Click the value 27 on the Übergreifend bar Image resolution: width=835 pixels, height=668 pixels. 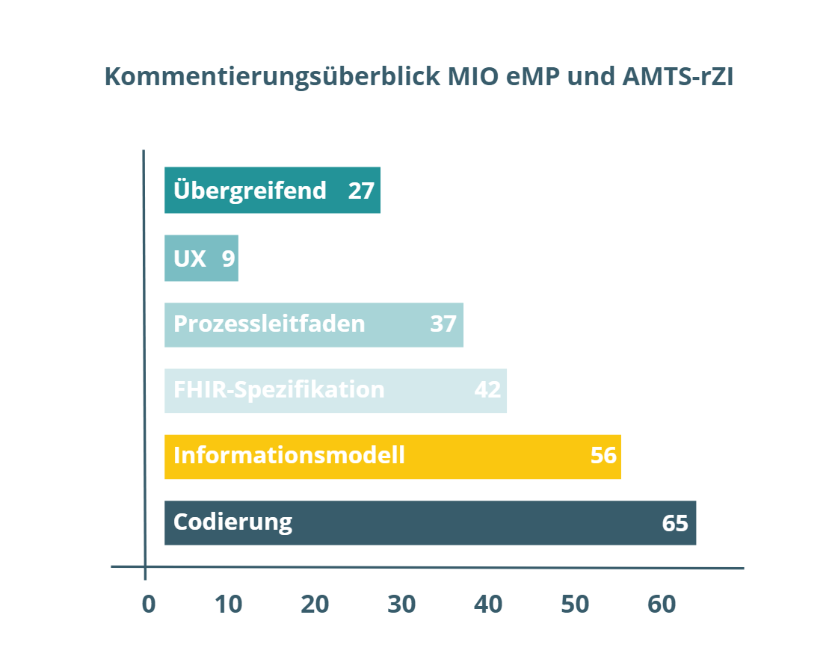click(361, 191)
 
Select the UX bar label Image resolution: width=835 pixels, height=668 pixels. click(190, 259)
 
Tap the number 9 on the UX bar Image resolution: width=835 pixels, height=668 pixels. click(228, 259)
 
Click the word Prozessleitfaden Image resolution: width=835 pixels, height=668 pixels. click(269, 324)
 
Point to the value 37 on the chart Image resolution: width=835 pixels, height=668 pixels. click(443, 324)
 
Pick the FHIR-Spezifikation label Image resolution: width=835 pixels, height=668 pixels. click(279, 390)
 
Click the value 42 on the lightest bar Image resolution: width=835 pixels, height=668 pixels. click(487, 390)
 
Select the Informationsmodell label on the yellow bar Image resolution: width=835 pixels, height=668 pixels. click(289, 455)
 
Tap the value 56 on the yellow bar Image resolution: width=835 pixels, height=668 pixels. click(603, 455)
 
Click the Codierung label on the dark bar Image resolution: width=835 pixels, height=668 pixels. click(232, 522)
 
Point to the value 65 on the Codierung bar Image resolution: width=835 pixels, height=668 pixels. click(675, 523)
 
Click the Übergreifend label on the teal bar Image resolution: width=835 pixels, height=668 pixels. click(250, 191)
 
